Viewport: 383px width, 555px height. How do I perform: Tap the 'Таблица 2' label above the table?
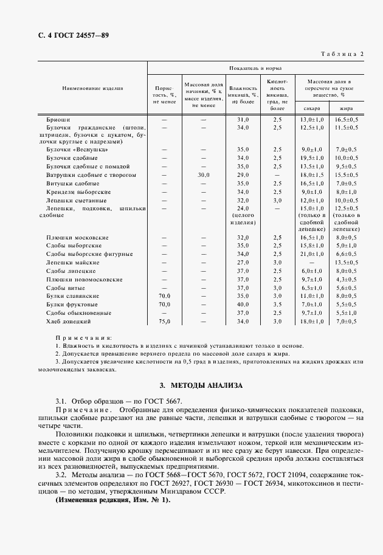[x=341, y=54]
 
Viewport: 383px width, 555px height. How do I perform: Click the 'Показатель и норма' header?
[x=255, y=68]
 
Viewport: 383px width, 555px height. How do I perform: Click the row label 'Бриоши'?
[x=58, y=120]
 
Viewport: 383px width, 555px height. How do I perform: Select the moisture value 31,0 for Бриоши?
[x=243, y=120]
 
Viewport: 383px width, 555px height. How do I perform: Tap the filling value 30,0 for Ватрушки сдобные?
[x=203, y=174]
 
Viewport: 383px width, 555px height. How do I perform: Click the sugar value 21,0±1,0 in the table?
[x=312, y=253]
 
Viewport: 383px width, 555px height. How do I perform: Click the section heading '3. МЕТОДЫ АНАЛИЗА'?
[x=201, y=385]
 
